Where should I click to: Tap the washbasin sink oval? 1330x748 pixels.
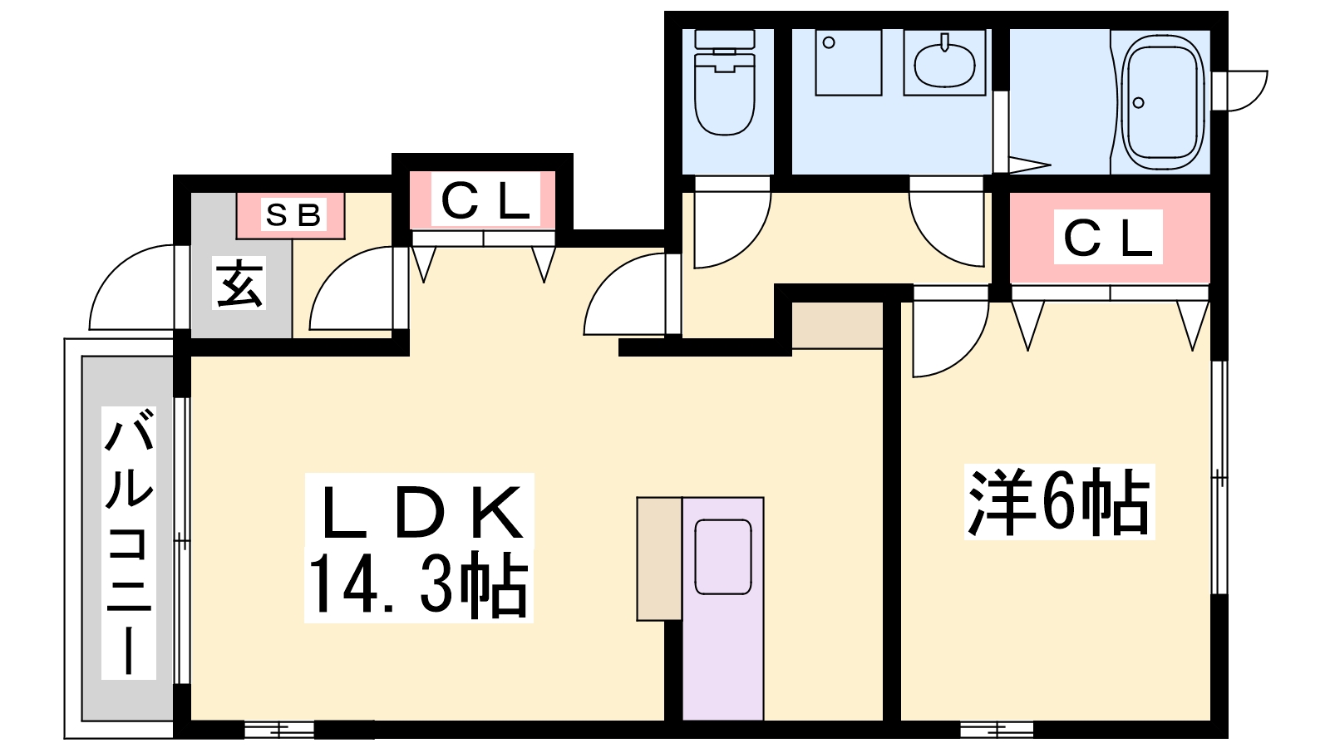(945, 64)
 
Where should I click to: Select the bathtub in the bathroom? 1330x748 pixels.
(1162, 101)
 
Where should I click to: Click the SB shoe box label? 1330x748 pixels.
(292, 215)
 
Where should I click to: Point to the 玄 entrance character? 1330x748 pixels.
(240, 285)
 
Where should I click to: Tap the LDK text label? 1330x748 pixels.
(421, 511)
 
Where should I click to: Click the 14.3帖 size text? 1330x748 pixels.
(418, 585)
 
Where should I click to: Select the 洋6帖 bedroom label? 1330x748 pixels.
(1058, 502)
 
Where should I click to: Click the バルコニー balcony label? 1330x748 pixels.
(129, 542)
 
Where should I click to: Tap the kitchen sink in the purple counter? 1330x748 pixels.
(722, 557)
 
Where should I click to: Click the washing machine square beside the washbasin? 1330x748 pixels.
(848, 63)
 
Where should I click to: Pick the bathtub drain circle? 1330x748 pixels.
(1139, 103)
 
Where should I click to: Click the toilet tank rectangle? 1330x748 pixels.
(724, 39)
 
